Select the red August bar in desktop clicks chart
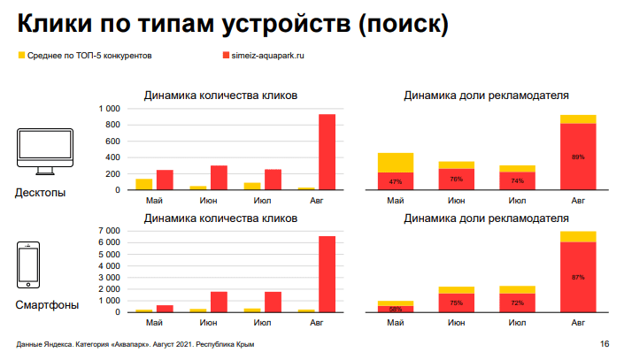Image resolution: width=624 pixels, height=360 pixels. [327, 152]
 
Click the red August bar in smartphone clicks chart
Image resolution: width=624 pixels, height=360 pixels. [327, 274]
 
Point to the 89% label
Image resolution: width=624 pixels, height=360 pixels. [578, 157]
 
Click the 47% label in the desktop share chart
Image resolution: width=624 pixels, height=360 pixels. [396, 181]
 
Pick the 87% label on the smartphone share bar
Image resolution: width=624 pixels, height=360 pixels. [578, 277]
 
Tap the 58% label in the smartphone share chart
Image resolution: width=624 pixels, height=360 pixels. [396, 309]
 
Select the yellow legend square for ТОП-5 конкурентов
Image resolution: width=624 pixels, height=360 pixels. [21, 56]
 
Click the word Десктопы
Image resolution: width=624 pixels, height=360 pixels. [40, 193]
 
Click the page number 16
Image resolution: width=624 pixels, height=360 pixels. [605, 344]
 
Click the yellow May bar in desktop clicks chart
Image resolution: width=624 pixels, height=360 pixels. [143, 184]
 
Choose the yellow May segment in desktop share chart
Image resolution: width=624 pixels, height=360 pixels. [396, 163]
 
